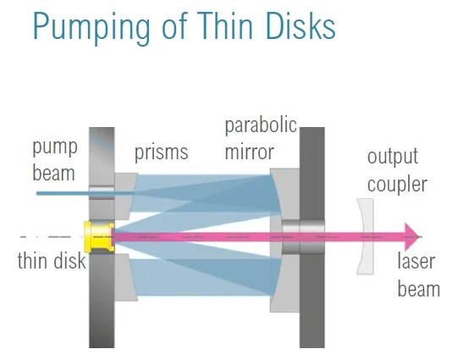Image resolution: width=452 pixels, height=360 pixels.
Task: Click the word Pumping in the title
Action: point(91,27)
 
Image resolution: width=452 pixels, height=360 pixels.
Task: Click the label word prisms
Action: point(162,152)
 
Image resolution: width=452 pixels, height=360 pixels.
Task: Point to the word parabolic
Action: point(261,125)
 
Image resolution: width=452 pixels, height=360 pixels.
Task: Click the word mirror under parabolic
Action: point(249,152)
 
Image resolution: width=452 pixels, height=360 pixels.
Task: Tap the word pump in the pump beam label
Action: point(55,148)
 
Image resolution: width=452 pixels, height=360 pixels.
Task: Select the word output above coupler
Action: point(393,157)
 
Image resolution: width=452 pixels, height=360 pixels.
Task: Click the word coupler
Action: point(397,185)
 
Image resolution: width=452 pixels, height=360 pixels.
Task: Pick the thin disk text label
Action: point(52,261)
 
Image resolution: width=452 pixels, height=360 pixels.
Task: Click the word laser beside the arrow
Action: point(416,261)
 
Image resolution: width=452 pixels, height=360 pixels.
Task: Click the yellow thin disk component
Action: point(99,237)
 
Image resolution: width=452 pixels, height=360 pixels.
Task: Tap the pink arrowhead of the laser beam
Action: point(412,236)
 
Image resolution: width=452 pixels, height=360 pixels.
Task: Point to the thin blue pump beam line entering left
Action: point(85,193)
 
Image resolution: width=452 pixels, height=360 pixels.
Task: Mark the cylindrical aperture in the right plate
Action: point(303,237)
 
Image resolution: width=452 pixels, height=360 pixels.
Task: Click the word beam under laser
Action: point(419,289)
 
